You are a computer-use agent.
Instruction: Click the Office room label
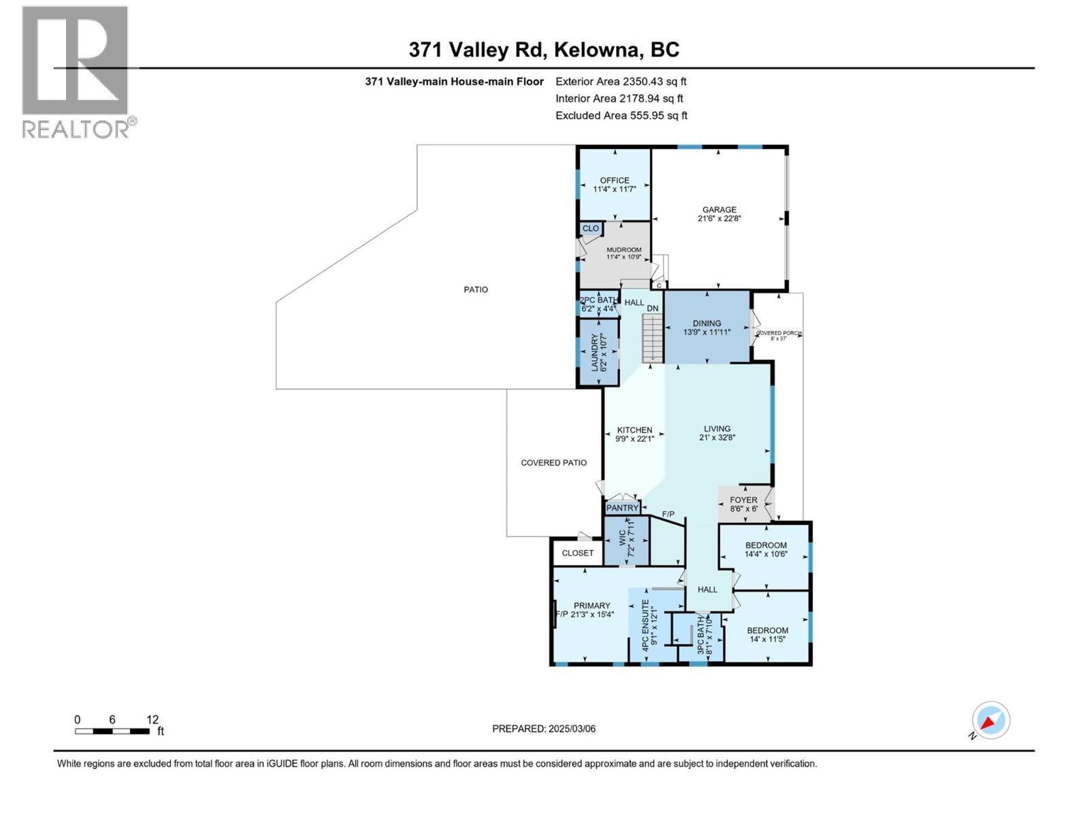coord(614,181)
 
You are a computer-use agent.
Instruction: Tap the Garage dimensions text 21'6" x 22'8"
coord(719,219)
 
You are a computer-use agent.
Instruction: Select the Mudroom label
coord(623,250)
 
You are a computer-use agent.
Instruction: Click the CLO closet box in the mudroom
coord(591,229)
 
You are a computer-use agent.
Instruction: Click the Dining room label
coord(706,324)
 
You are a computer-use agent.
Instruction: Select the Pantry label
coord(622,508)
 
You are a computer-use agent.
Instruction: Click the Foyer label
coord(743,500)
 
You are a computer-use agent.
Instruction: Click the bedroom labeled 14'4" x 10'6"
coord(766,549)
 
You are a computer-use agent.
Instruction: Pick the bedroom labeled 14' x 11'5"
coord(767,635)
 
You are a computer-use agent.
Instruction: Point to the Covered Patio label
coord(553,463)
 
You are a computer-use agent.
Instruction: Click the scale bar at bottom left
coord(112,731)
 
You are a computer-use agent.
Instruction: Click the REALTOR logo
coord(76,71)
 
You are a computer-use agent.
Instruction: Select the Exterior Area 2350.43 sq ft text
coord(621,82)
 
